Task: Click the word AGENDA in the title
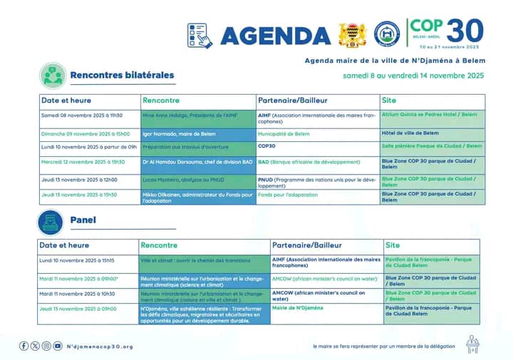coord(275,35)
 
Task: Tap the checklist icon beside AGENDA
coord(200,35)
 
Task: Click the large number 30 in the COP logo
coord(465,31)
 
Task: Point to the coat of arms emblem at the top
coord(353,34)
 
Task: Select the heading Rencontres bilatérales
coord(122,75)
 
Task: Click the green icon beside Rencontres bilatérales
coord(52,75)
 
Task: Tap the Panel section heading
coord(83,220)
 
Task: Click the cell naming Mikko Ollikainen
coord(197,197)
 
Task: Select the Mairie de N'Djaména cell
coord(298,308)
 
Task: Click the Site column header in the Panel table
coord(393,245)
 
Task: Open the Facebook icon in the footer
coord(24,346)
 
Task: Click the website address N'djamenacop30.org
coord(100,346)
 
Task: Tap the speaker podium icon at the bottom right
coord(472,344)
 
